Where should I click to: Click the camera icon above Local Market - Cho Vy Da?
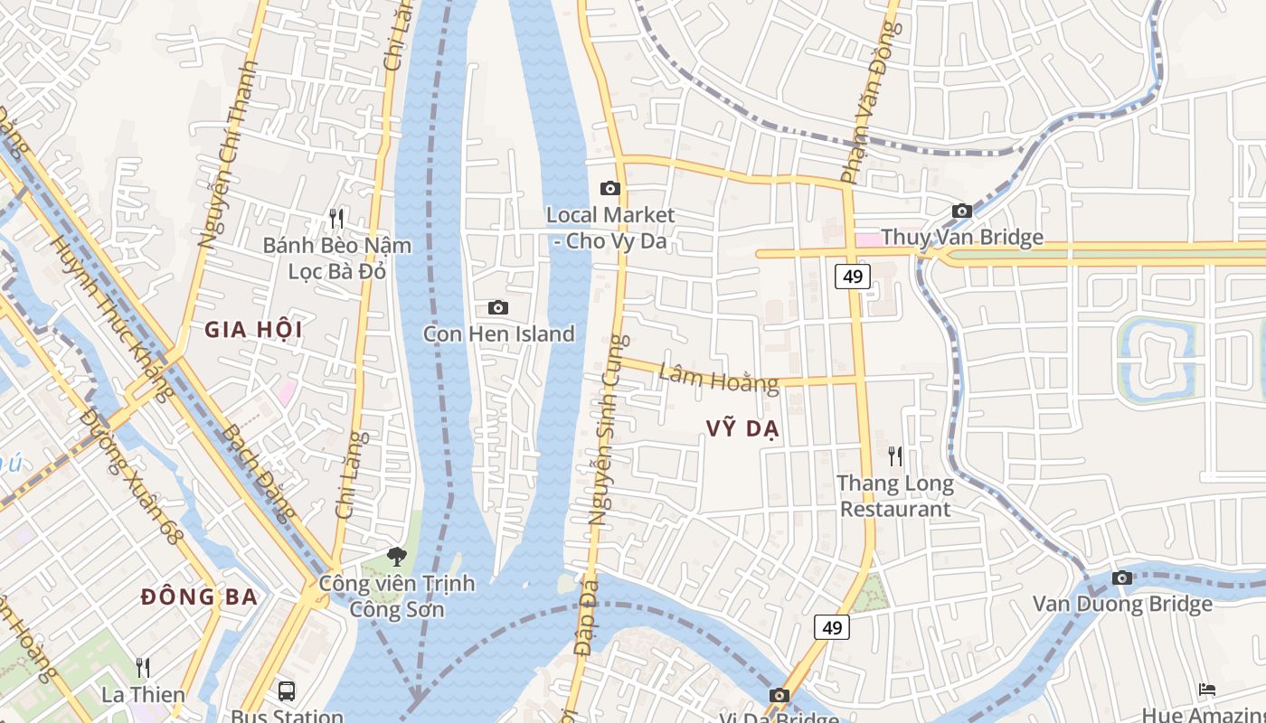point(610,188)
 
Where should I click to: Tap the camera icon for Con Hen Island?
point(498,308)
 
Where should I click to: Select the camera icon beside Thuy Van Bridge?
point(962,211)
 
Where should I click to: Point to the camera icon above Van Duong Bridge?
point(1122,577)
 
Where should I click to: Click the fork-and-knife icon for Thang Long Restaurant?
point(895,456)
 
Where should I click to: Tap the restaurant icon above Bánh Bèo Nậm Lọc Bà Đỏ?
point(336,218)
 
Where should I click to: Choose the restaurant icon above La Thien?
point(143,668)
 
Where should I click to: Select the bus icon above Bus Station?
point(287,691)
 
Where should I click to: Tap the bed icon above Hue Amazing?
point(1207,690)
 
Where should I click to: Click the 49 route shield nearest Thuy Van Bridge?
point(852,277)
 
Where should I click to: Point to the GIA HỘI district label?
point(253,330)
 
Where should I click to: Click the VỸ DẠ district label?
point(742,430)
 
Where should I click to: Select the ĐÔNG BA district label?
point(200,597)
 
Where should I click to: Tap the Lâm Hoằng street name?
point(719,378)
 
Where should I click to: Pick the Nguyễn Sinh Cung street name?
point(607,430)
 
